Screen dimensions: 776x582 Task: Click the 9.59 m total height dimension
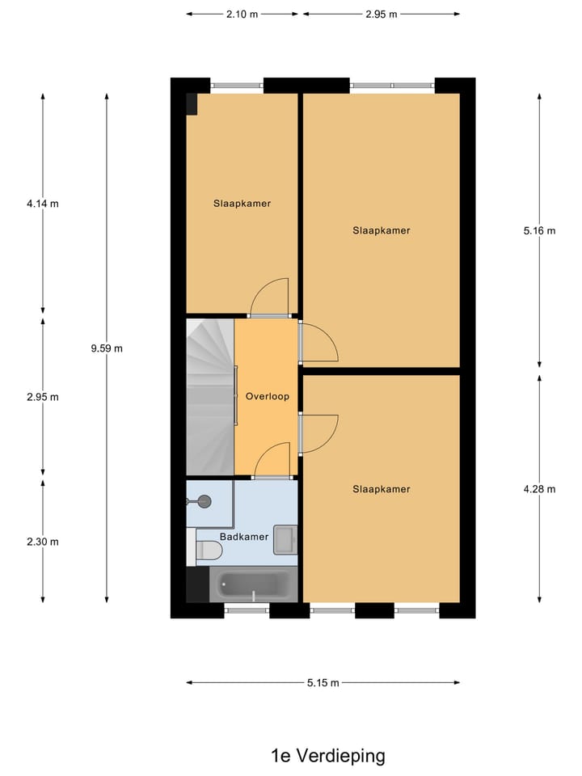pos(107,348)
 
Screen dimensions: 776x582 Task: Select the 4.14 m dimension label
pos(42,204)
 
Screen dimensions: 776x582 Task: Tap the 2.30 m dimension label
pos(42,542)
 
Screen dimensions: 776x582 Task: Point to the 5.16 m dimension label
pos(539,230)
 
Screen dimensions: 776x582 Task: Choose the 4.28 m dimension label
pos(539,488)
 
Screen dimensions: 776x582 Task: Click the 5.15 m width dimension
pos(323,683)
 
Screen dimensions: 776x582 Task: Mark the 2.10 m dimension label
pos(242,14)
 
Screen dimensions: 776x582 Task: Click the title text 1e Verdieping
pos(327,756)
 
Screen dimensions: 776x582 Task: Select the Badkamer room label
pos(243,536)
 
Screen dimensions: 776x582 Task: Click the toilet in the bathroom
pos(209,551)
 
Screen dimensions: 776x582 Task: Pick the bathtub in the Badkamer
pos(254,584)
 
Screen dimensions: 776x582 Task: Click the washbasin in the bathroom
pos(285,539)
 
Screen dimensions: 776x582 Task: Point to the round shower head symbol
pos(203,501)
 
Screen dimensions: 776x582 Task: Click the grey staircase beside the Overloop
pos(209,396)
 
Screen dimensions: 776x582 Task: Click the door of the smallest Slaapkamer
pos(269,299)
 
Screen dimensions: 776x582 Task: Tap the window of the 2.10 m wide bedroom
pos(237,85)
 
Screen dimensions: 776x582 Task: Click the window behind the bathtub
pos(247,610)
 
